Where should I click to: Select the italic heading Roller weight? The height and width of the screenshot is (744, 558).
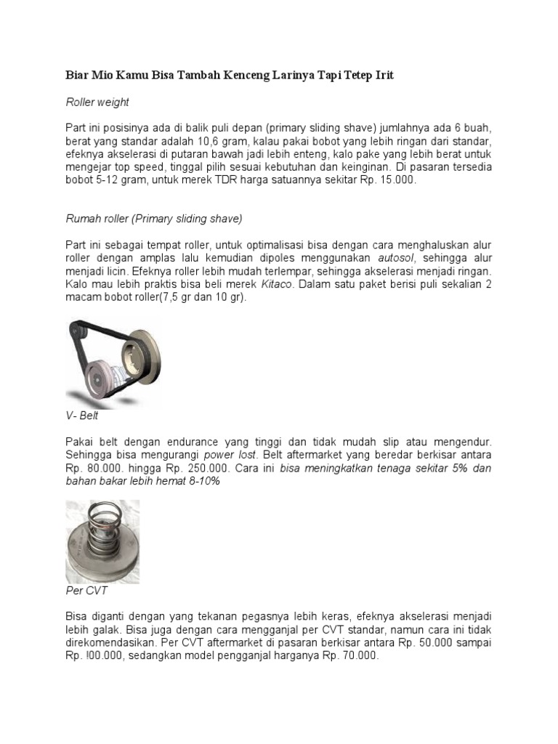click(97, 102)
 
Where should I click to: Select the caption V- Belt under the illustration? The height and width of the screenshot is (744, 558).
click(82, 416)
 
